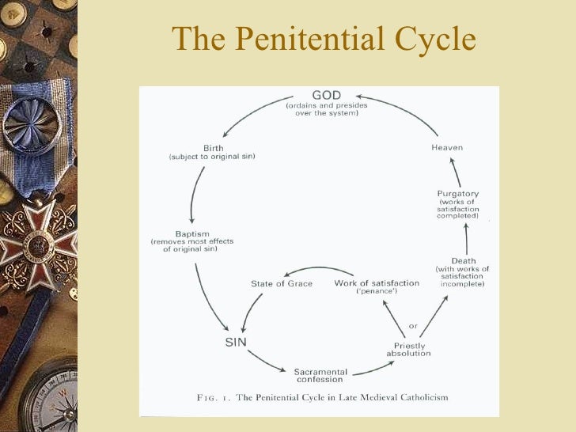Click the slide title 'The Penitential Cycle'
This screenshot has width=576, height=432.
point(324,38)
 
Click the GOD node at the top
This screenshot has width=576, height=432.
point(326,96)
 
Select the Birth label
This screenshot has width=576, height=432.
point(213,148)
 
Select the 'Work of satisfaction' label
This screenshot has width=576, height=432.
point(377,283)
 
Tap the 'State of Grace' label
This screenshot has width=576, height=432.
point(281,283)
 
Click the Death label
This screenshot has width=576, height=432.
point(463,261)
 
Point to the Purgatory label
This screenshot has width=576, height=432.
point(458,194)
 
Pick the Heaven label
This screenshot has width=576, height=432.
point(447,147)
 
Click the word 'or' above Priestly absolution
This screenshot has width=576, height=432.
point(412,326)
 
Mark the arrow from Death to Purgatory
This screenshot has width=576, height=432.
point(466,237)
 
